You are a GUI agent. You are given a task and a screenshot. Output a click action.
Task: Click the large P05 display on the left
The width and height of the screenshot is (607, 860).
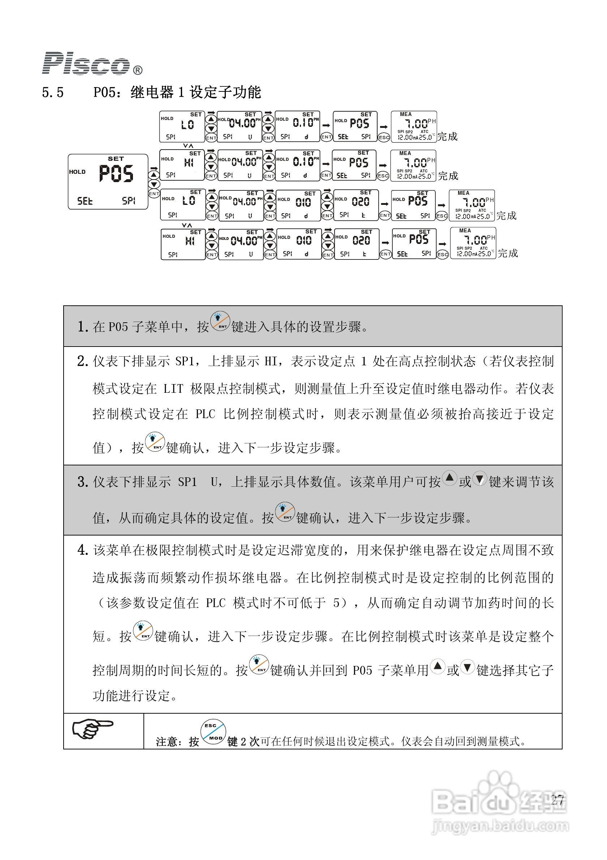[108, 181]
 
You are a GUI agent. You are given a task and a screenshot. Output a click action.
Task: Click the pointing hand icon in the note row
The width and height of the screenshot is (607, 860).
[92, 729]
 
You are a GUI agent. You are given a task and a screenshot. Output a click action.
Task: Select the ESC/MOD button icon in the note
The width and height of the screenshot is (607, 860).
[213, 732]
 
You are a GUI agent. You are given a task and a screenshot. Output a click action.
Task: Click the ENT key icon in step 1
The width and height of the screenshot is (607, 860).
[220, 321]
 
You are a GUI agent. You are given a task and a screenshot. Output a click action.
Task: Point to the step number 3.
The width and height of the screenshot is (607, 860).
[82, 482]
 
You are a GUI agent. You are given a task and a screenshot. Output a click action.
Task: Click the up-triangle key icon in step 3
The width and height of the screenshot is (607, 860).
[449, 478]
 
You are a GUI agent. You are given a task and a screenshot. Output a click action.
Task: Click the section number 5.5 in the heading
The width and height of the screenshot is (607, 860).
[53, 93]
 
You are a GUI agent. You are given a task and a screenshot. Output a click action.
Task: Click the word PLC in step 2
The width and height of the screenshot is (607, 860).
[205, 414]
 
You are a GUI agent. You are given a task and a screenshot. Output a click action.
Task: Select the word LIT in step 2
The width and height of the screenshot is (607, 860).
[173, 389]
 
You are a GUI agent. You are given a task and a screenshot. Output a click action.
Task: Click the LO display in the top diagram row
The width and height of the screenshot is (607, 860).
[182, 126]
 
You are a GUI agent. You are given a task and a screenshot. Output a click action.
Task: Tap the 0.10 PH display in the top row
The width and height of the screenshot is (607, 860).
[297, 126]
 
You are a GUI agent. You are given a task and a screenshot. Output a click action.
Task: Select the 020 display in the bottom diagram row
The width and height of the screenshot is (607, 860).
[356, 244]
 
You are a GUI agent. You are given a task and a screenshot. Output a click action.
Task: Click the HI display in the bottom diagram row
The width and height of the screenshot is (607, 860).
[183, 244]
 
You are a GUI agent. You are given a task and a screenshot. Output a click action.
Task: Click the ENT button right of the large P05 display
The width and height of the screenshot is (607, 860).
[154, 194]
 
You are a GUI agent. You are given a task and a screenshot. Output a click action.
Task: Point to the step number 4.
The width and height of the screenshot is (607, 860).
[82, 550]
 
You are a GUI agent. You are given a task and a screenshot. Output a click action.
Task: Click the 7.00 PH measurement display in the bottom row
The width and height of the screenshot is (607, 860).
[473, 243]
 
